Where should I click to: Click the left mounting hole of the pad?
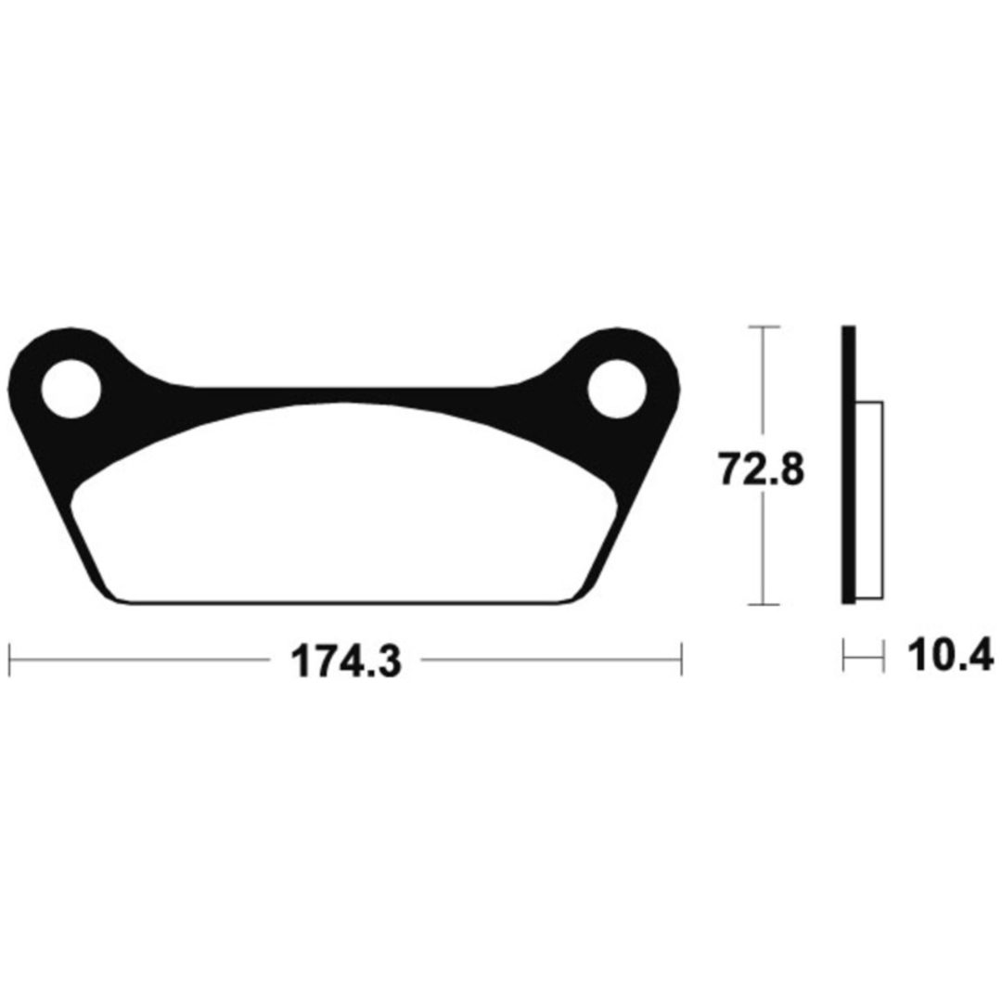(x=71, y=389)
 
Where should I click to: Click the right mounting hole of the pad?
(x=617, y=389)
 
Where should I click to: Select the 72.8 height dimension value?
(x=762, y=469)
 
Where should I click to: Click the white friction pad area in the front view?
(x=345, y=511)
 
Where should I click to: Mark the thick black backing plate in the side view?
(x=849, y=465)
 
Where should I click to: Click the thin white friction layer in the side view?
(x=869, y=500)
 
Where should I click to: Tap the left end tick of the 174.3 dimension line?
(x=9, y=660)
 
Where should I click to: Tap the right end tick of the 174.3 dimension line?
(x=682, y=660)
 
